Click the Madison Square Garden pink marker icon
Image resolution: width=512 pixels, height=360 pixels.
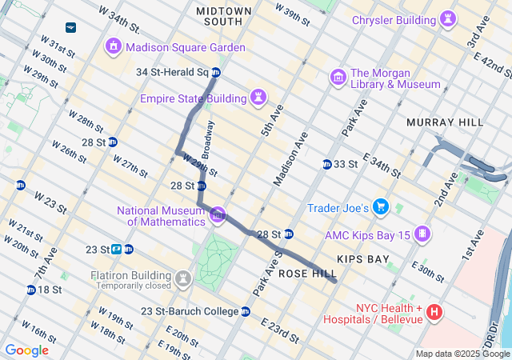114,47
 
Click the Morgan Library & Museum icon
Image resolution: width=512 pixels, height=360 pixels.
338,78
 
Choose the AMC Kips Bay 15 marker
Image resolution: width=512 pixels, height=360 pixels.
422,235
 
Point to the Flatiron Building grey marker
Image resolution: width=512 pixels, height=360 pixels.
184,279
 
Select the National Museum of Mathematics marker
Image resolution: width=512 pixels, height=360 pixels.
217,215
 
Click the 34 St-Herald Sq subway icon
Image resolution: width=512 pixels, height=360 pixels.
216,73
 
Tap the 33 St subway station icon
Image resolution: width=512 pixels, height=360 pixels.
326,164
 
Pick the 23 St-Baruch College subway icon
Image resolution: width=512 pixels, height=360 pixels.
246,311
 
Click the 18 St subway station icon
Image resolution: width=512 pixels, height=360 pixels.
30,290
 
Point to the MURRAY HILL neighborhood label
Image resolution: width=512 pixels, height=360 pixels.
445,122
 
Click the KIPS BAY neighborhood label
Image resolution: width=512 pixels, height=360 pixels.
363,259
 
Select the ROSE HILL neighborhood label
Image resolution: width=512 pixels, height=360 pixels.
307,274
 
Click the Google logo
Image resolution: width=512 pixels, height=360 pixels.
26,350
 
